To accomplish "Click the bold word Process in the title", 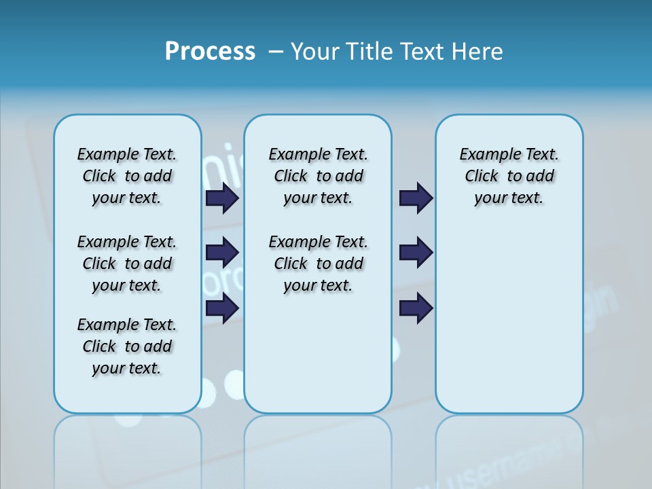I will click(x=210, y=52).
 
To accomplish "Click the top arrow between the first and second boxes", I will click(x=222, y=198).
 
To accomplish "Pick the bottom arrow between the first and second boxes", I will click(x=222, y=308).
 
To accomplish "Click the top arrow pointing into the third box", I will click(x=416, y=198).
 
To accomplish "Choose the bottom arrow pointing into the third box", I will click(x=416, y=308).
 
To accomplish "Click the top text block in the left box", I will click(x=127, y=176).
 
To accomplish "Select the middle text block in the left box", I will click(x=127, y=264).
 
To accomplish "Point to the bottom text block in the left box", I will click(x=127, y=346).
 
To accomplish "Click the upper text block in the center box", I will click(x=318, y=176).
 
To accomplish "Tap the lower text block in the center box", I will click(x=318, y=264).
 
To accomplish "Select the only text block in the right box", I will click(x=509, y=176).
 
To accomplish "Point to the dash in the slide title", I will click(x=276, y=52).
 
